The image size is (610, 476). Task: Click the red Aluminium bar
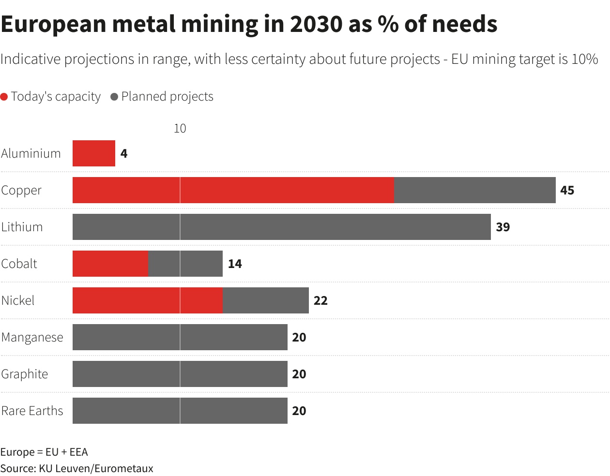pyautogui.click(x=94, y=153)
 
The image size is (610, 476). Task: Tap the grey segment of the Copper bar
pyautogui.click(x=474, y=190)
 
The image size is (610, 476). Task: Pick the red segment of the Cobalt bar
pyautogui.click(x=110, y=264)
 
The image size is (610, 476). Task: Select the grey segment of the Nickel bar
pyautogui.click(x=266, y=300)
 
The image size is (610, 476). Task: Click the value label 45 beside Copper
pyautogui.click(x=567, y=190)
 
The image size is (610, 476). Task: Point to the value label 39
pyautogui.click(x=503, y=227)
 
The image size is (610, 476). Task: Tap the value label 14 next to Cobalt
pyautogui.click(x=235, y=264)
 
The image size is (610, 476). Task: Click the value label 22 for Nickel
pyautogui.click(x=320, y=300)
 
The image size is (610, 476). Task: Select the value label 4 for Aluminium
pyautogui.click(x=124, y=153)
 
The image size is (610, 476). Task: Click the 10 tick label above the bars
pyautogui.click(x=180, y=128)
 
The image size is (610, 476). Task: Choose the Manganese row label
pyautogui.click(x=32, y=337)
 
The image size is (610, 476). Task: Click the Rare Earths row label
pyautogui.click(x=32, y=411)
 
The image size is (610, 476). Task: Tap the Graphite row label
pyautogui.click(x=24, y=374)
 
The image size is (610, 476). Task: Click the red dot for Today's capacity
pyautogui.click(x=4, y=97)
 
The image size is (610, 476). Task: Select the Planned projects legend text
pyautogui.click(x=167, y=96)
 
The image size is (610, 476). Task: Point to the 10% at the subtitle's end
pyautogui.click(x=584, y=59)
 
